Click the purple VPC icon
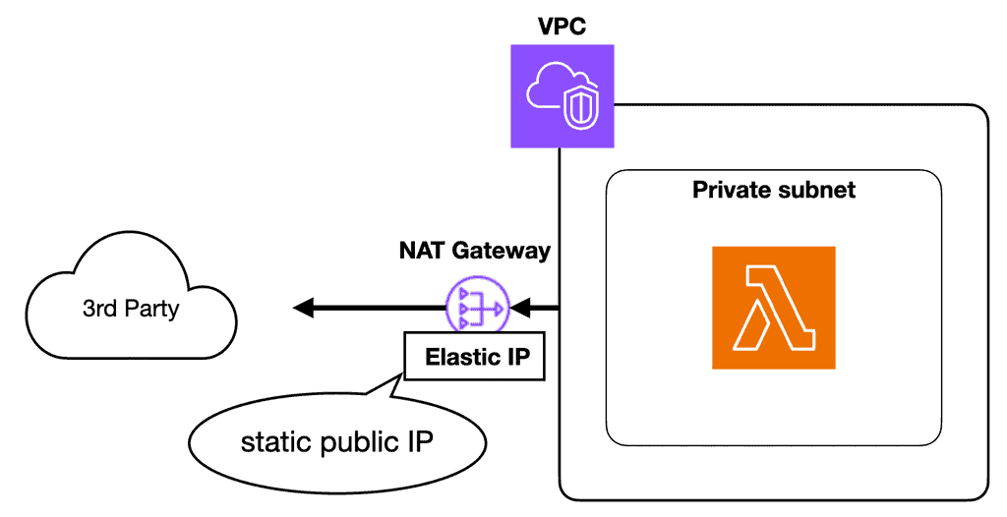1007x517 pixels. (563, 97)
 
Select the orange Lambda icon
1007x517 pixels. (773, 308)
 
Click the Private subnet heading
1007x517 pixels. (774, 190)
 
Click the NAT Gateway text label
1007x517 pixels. (475, 251)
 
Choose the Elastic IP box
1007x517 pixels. (474, 357)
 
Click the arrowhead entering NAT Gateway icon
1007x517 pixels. (517, 309)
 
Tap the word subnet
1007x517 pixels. (821, 190)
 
